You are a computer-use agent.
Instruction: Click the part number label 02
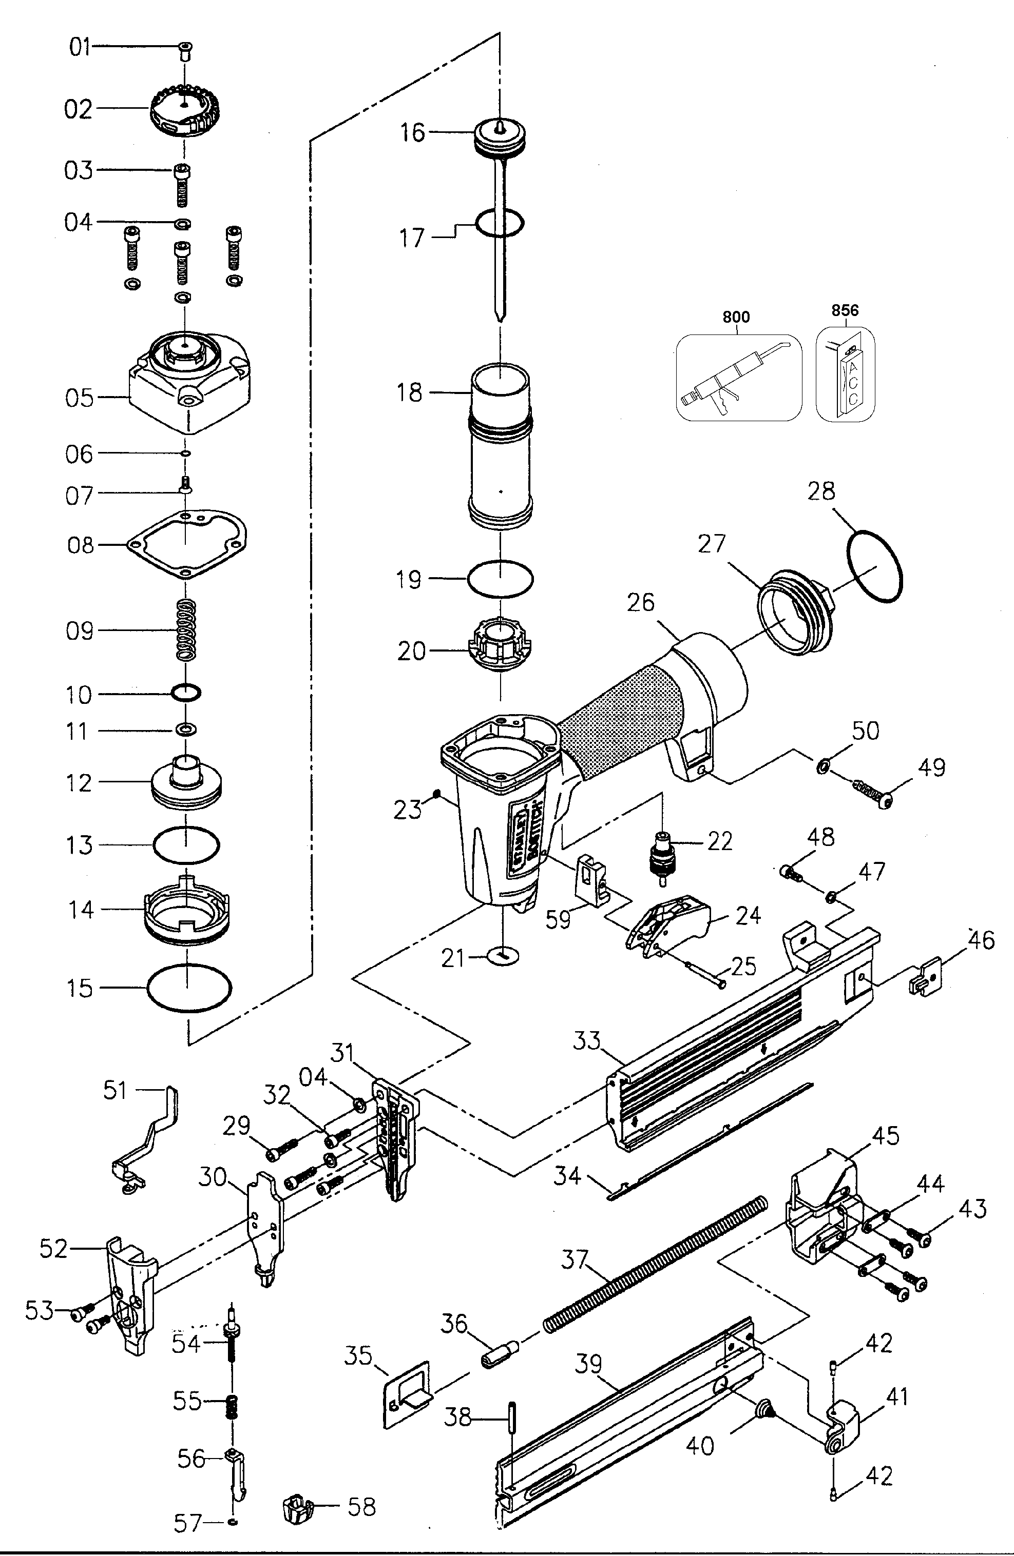click(78, 110)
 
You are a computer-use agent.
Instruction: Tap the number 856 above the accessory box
click(845, 310)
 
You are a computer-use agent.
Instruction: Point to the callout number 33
click(586, 1040)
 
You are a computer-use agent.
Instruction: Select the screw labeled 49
click(870, 792)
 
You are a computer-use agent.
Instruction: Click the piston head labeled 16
click(499, 136)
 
